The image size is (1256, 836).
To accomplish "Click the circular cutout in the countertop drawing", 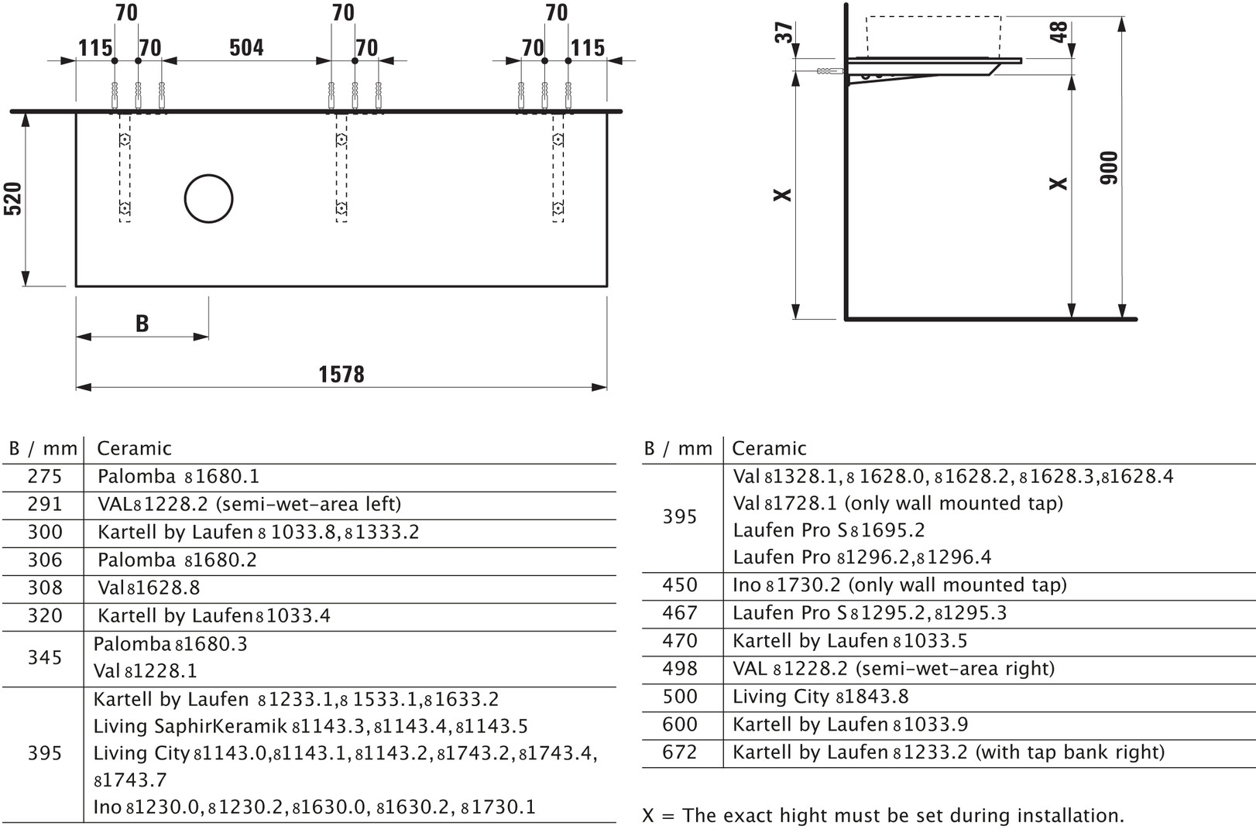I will pyautogui.click(x=208, y=199).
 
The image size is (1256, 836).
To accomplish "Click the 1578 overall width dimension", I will pyautogui.click(x=341, y=375).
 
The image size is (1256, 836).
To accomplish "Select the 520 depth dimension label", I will pyautogui.click(x=13, y=199).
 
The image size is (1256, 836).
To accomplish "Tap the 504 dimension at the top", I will pyautogui.click(x=246, y=48).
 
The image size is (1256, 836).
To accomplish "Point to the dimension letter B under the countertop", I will pyautogui.click(x=142, y=324).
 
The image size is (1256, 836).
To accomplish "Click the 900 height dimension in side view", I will pyautogui.click(x=1109, y=168).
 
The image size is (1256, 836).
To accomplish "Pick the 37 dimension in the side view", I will pyautogui.click(x=784, y=33).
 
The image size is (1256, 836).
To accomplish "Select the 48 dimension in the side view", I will pyautogui.click(x=1059, y=33).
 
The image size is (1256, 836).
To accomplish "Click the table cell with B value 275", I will pyautogui.click(x=44, y=477).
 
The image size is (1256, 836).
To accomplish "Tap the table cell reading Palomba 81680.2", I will pyautogui.click(x=177, y=560).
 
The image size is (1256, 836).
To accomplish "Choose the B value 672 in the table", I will pyautogui.click(x=680, y=752).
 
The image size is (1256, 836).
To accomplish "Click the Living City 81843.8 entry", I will pyautogui.click(x=820, y=697).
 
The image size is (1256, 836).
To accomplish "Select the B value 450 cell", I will pyautogui.click(x=680, y=585).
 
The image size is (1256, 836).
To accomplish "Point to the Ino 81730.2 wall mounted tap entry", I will pyautogui.click(x=899, y=585).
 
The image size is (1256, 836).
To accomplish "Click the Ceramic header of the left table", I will pyautogui.click(x=134, y=449).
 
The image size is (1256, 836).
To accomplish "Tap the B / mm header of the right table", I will pyautogui.click(x=678, y=449).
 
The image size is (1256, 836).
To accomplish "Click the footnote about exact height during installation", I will pyautogui.click(x=883, y=816).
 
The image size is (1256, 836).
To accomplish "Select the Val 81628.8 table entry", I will pyautogui.click(x=149, y=588).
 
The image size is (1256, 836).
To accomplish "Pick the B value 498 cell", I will pyautogui.click(x=680, y=669).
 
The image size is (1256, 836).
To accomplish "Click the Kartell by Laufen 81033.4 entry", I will pyautogui.click(x=214, y=616).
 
